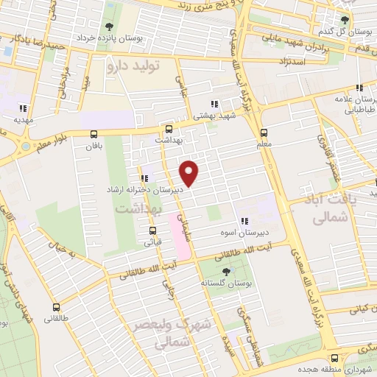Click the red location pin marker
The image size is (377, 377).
click(x=190, y=172)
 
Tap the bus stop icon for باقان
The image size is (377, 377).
click(x=94, y=134)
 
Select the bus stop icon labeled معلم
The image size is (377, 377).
click(x=264, y=133)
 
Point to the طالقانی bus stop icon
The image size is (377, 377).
click(x=57, y=308)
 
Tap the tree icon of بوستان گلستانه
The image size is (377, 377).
click(x=225, y=273)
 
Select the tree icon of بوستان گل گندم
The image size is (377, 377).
click(x=344, y=20)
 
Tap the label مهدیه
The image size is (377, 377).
click(x=21, y=118)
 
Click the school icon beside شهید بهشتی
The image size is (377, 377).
click(x=214, y=105)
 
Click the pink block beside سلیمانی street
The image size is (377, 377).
click(x=181, y=236)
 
